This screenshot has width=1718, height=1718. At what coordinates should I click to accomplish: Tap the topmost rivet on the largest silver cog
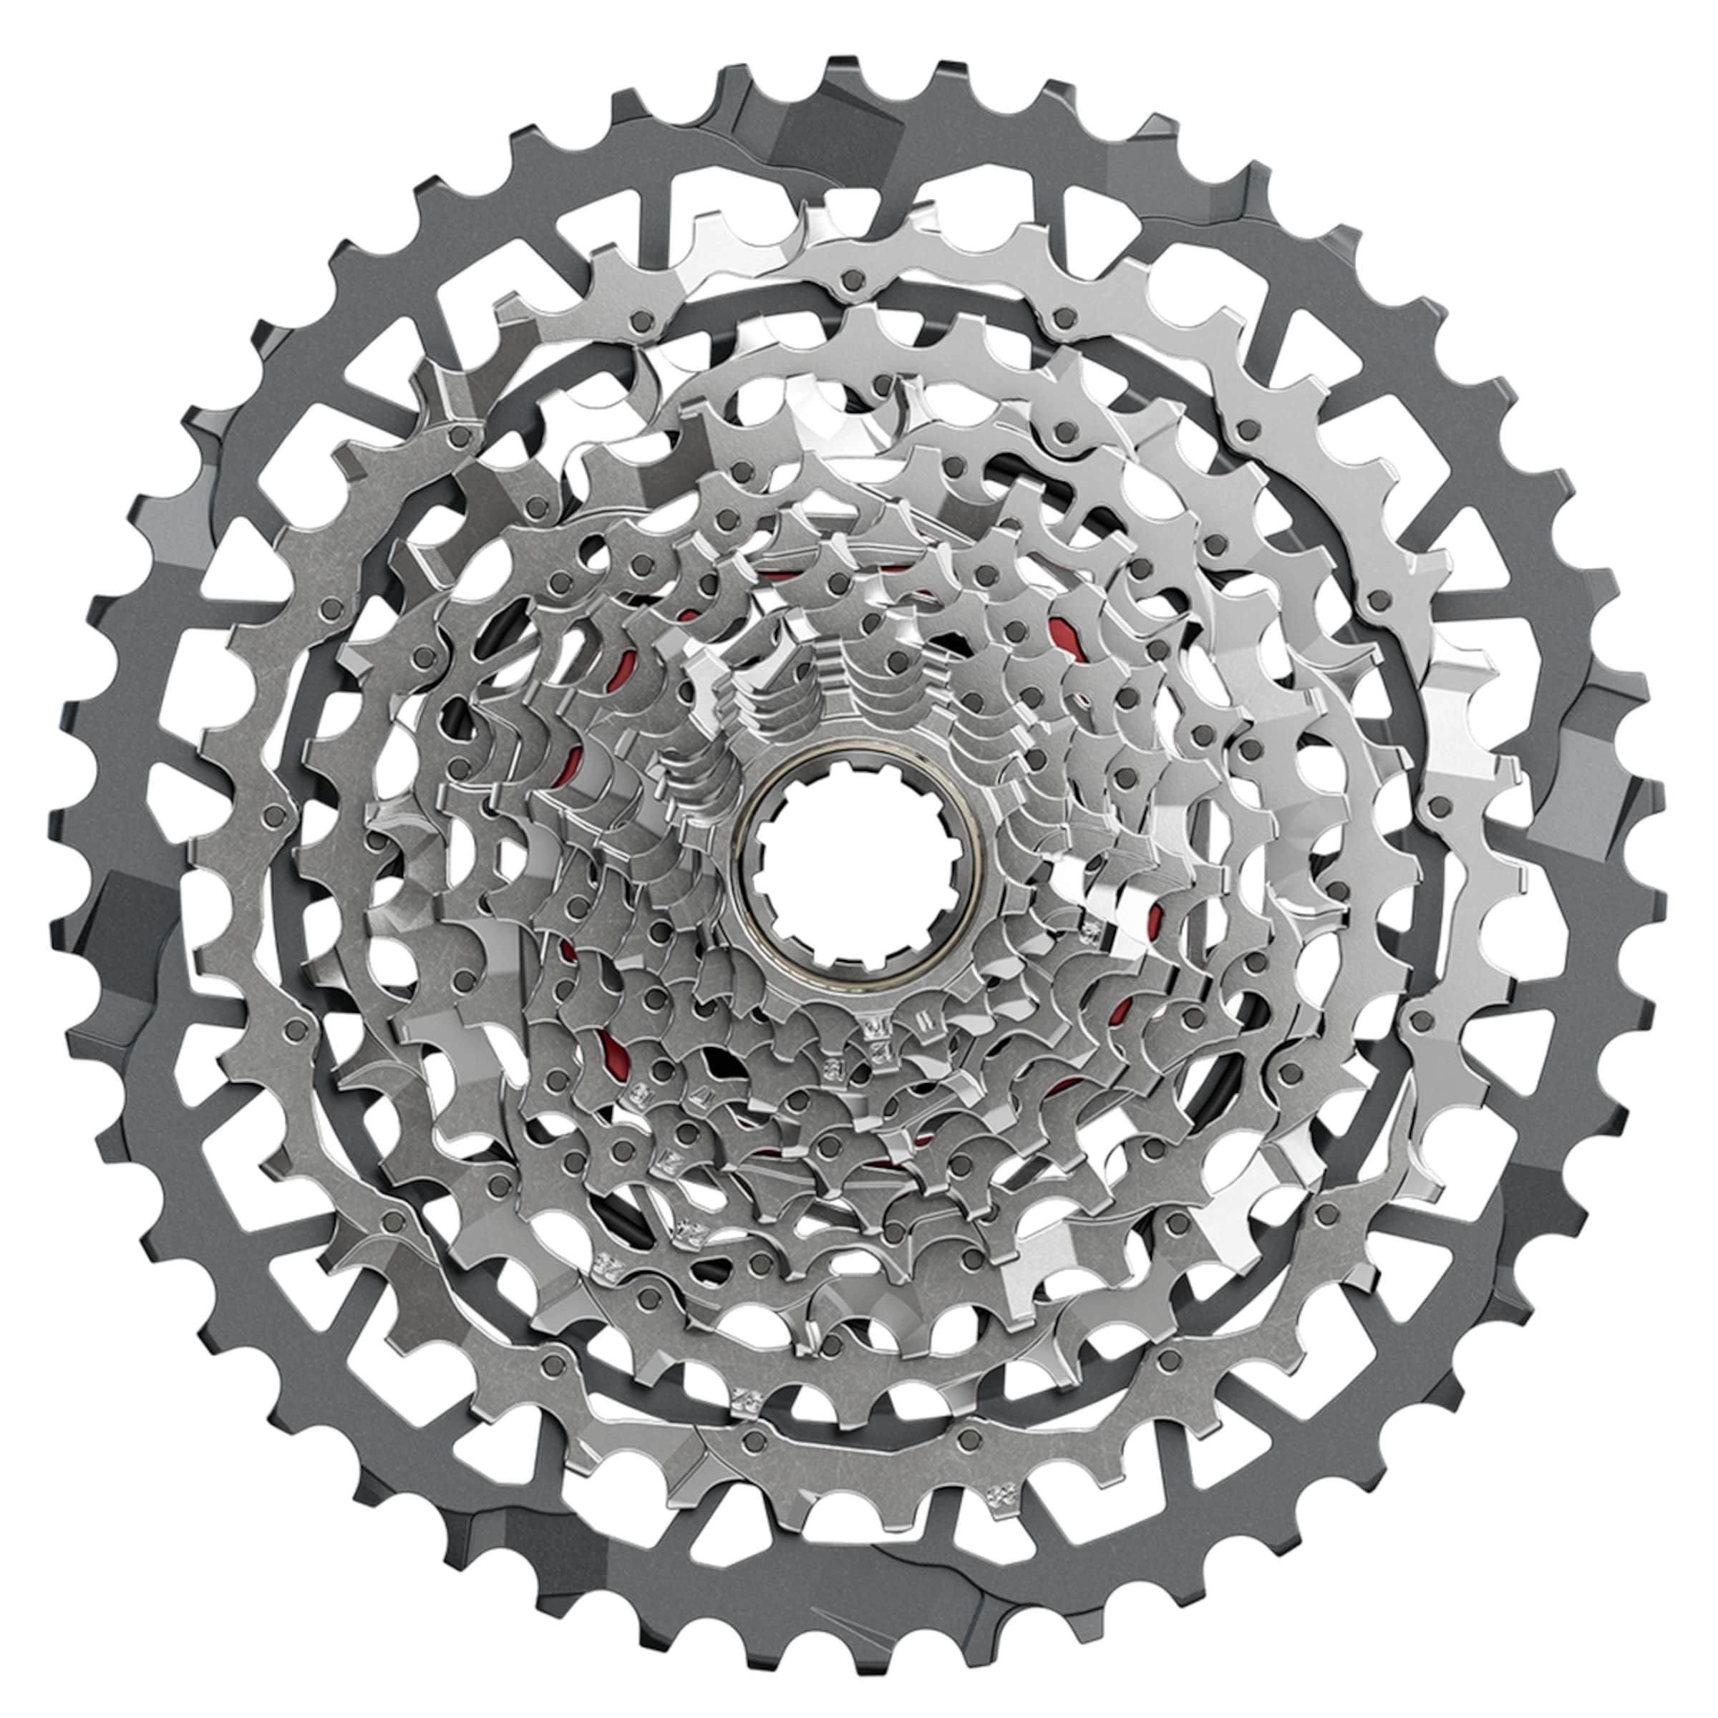(x=852, y=280)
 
